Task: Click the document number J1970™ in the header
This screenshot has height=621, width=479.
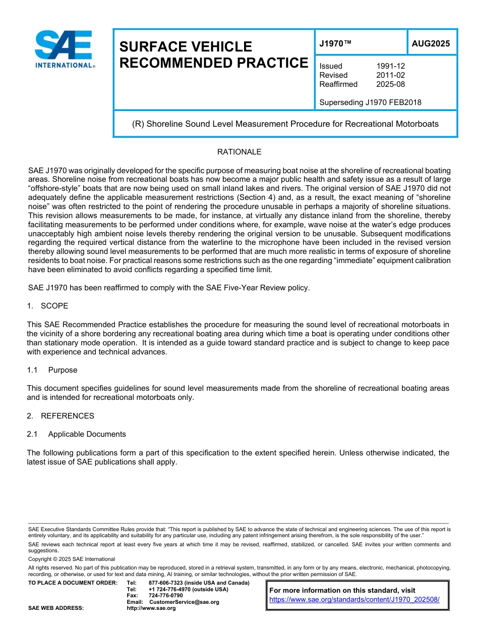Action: (x=335, y=44)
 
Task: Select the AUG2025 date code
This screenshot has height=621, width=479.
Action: (x=431, y=44)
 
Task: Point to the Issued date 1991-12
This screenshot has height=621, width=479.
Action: (x=390, y=66)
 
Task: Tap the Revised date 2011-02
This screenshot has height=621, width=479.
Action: (x=390, y=75)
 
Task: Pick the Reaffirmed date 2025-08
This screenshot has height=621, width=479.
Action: (x=390, y=84)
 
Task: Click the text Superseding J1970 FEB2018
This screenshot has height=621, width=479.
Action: (x=370, y=102)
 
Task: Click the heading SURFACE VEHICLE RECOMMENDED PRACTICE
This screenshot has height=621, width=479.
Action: (x=213, y=55)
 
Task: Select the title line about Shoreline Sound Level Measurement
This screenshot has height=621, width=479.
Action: (x=285, y=124)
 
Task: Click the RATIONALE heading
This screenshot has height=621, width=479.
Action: (x=239, y=152)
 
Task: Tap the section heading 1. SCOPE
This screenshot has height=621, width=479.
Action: (x=47, y=306)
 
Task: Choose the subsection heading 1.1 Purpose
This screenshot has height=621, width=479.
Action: (x=52, y=370)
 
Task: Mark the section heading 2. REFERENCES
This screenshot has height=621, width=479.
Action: (x=61, y=416)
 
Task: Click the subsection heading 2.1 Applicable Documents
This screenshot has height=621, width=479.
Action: (x=77, y=434)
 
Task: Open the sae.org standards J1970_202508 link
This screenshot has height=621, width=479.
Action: (x=354, y=600)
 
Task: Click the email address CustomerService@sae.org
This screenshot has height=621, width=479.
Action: (x=184, y=602)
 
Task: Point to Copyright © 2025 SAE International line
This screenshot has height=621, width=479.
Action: (x=72, y=559)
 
